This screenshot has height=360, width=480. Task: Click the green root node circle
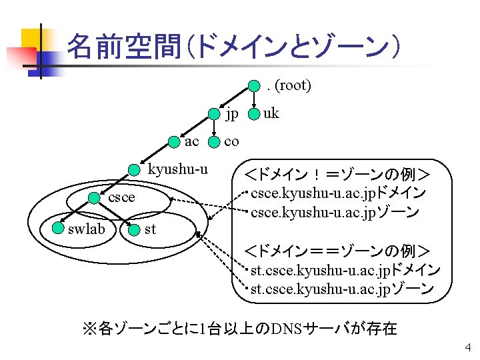[255, 85]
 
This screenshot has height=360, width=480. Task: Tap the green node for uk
[254, 114]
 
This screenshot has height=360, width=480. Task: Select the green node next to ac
[175, 141]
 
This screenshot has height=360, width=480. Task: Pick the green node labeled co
[214, 141]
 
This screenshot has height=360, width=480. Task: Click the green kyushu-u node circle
[135, 169]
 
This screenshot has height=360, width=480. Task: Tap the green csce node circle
[96, 197]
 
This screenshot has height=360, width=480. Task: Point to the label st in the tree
[151, 229]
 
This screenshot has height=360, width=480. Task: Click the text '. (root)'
[288, 85]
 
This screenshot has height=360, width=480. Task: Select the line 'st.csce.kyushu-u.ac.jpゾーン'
[341, 289]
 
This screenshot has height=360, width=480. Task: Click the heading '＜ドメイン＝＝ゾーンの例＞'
[337, 252]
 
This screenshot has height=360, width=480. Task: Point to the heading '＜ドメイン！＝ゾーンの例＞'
[337, 176]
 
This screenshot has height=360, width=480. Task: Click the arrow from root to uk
[255, 99]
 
